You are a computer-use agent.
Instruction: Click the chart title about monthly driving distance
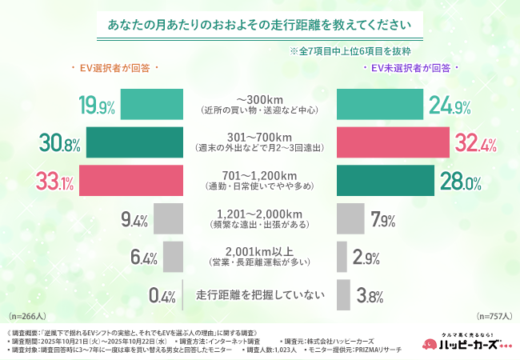pos(260,24)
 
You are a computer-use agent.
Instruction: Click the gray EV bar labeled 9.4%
pos(168,218)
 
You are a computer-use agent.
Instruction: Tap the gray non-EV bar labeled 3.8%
pos(342,294)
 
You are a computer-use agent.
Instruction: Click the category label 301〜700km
pos(260,137)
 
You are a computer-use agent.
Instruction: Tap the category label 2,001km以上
pos(260,250)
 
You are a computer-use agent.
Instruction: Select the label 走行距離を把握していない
pos(260,295)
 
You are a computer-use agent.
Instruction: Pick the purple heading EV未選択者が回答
pos(410,69)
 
